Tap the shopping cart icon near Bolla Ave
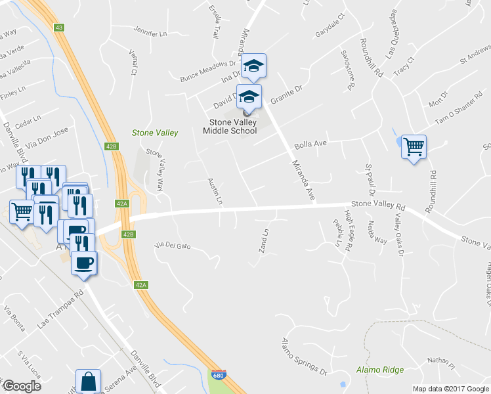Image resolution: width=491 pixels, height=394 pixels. point(414,146)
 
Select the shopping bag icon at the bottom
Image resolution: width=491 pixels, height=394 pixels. point(88,382)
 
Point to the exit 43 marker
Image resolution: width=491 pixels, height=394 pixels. point(59,27)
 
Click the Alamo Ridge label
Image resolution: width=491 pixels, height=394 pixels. point(380,370)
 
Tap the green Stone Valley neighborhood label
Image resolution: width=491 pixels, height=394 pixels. point(155,133)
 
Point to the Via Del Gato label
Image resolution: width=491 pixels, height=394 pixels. point(172,246)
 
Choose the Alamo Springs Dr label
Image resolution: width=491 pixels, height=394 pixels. point(303,358)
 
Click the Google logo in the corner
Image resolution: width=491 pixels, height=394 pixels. point(22,385)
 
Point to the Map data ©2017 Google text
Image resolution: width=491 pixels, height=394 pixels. point(450,389)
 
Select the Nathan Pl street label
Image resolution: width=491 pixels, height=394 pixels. point(440,361)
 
